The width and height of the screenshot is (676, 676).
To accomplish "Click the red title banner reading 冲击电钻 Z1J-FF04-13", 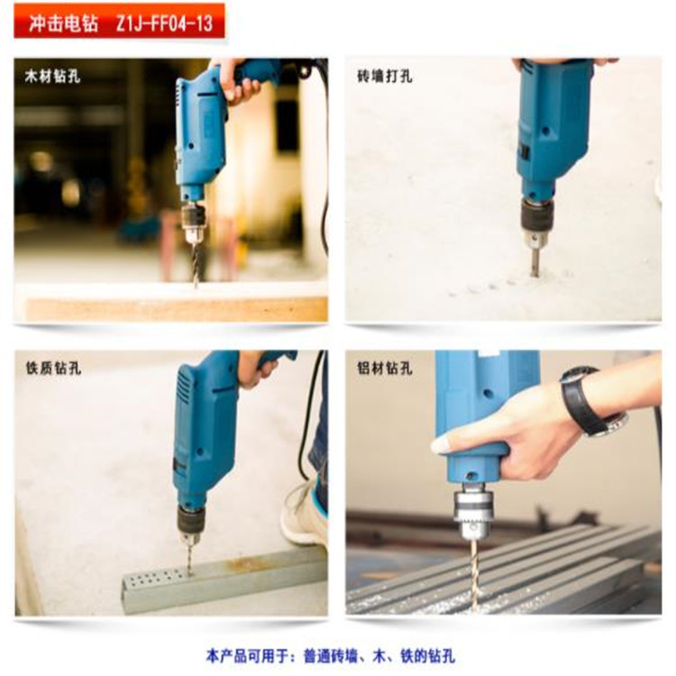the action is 119,21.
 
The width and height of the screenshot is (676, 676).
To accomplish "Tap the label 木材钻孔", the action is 52,77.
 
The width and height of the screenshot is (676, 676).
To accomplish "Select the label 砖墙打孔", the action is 385,77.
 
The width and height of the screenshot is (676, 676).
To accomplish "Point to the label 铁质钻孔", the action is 53,368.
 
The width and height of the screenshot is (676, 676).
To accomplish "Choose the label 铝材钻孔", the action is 385,368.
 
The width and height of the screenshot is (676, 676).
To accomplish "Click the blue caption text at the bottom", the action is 330,656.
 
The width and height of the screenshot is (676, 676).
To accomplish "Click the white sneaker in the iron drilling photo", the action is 304,516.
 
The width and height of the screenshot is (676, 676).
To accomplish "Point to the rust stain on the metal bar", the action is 249,563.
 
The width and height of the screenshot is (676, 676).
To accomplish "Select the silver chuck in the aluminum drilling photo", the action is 473,510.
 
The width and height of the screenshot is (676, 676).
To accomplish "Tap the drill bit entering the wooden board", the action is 196,264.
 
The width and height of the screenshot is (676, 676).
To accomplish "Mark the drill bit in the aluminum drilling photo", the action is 475,572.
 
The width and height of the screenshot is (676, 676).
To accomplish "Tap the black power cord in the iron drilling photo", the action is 308,414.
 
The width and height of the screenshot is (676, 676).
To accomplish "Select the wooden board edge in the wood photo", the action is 177,308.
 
